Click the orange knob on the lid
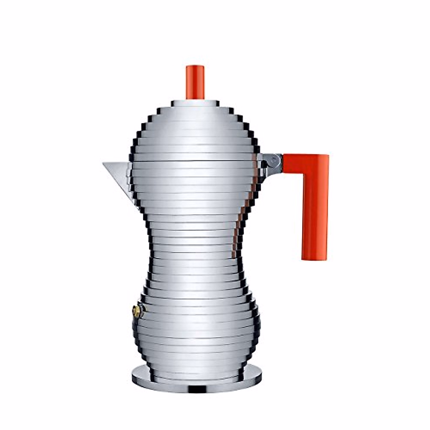point(195,82)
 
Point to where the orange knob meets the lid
point(195,99)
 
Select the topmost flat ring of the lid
point(195,103)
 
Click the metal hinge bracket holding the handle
point(272,161)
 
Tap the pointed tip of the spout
point(104,164)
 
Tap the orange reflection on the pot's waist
point(235,244)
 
